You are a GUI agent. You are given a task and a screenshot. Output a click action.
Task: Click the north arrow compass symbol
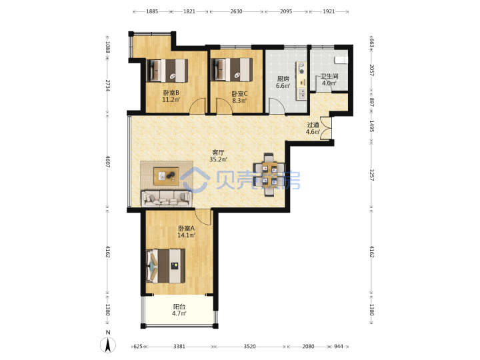point(108,345)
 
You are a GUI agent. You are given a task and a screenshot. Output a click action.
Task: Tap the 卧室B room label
point(171,93)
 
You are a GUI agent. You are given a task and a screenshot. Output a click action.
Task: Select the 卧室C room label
point(239,94)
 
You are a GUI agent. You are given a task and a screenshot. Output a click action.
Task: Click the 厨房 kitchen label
point(283,79)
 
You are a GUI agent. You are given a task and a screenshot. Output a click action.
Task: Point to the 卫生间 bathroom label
point(329,76)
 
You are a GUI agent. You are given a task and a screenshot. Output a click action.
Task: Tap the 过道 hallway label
point(313,125)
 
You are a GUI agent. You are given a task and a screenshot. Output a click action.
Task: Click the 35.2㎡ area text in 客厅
point(219,159)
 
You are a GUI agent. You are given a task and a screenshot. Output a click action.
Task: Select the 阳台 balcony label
point(179,307)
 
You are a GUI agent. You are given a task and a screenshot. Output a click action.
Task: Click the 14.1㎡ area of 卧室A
point(186,235)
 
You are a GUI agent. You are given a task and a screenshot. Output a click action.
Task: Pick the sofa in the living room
point(167,198)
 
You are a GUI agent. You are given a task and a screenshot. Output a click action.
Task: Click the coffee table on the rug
point(167,176)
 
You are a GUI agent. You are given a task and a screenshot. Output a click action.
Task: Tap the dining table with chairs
point(269,175)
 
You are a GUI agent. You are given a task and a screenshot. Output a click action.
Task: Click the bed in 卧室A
point(165,266)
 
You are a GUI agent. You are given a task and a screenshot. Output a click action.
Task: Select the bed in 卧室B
point(167,71)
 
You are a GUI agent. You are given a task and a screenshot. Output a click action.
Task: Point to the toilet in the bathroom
point(341,59)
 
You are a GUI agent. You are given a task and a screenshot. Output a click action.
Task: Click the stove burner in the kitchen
point(301,71)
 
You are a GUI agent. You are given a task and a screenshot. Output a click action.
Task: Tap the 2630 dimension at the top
point(236,11)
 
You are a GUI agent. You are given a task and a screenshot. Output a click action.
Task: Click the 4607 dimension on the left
point(108,161)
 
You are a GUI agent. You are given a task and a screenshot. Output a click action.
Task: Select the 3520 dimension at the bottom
point(250,346)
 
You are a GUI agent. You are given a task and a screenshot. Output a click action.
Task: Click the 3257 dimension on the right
point(371,175)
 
